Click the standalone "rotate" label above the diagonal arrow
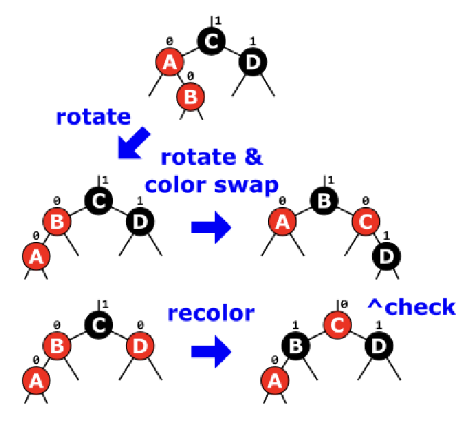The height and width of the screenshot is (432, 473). [x=93, y=117]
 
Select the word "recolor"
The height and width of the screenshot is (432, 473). [x=211, y=313]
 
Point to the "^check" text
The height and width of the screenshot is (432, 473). [x=411, y=307]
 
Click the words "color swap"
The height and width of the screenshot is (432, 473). [x=211, y=185]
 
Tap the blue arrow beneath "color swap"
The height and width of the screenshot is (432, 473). [x=211, y=227]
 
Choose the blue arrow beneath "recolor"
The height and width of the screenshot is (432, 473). [x=211, y=352]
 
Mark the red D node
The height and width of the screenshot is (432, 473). [x=140, y=345]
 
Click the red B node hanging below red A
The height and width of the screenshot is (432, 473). [x=191, y=97]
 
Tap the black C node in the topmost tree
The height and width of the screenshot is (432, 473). [x=211, y=41]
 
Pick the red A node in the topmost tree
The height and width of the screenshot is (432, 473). [x=170, y=63]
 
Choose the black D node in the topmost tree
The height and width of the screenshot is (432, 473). [x=253, y=63]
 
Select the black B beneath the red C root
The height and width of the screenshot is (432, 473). [x=296, y=346]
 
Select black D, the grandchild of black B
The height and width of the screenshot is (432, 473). [x=387, y=256]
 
